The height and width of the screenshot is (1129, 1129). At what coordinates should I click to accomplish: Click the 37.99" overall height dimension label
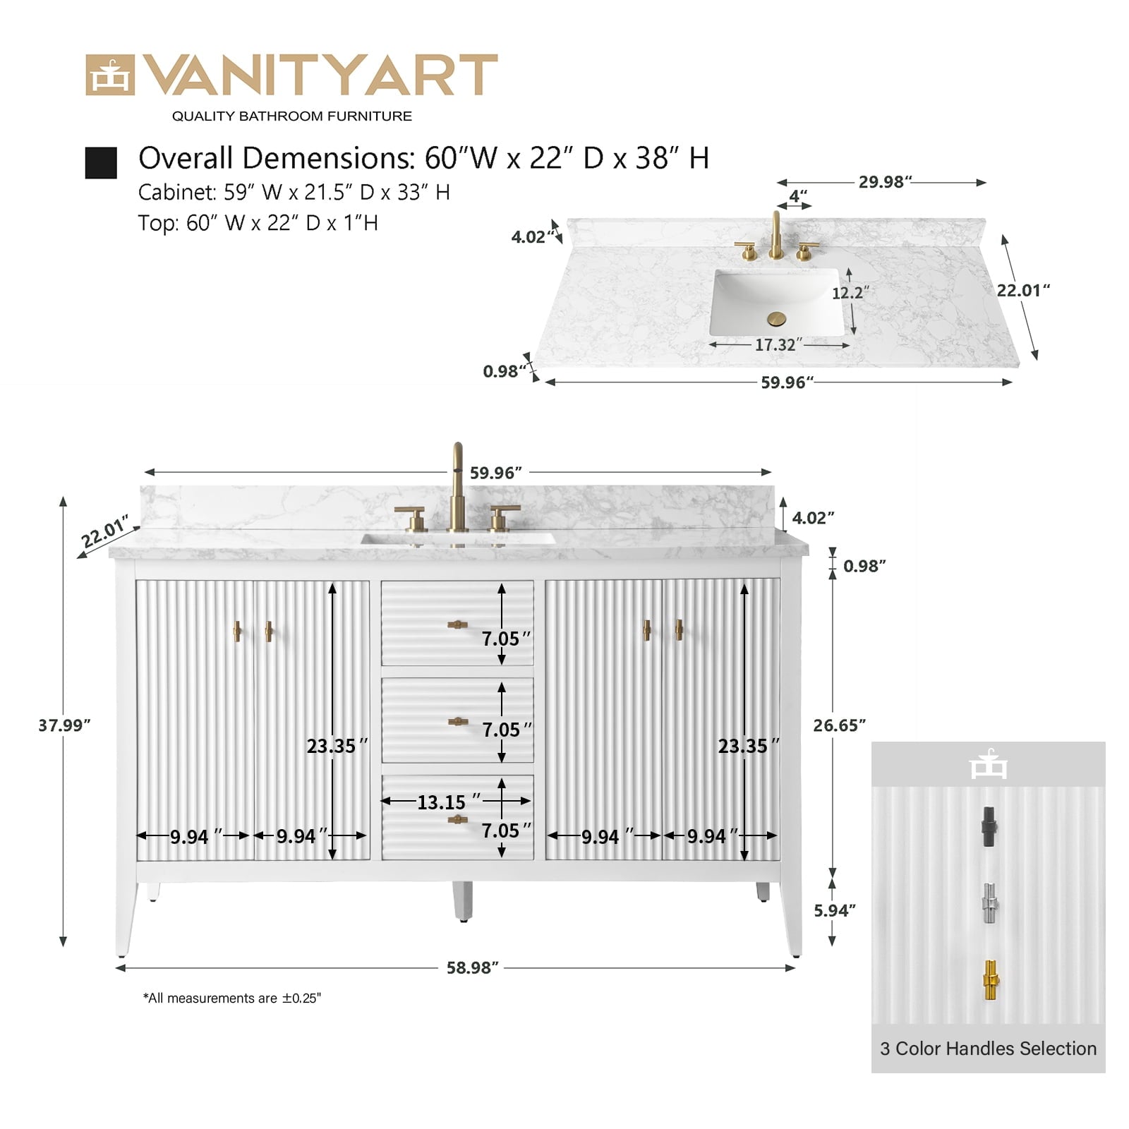(65, 725)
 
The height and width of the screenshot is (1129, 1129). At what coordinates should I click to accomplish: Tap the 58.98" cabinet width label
(472, 967)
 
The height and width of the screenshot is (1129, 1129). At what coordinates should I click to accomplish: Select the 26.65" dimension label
(839, 725)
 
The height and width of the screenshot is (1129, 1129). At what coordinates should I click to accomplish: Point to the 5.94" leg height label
(835, 910)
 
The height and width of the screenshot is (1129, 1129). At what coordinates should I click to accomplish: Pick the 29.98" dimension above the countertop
(885, 182)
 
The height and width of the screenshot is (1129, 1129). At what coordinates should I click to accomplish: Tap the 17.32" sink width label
(778, 345)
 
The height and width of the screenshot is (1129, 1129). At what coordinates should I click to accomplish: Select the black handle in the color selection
(989, 827)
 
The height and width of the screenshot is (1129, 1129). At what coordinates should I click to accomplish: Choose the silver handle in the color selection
(990, 903)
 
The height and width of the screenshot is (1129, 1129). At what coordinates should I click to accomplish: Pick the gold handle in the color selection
(991, 980)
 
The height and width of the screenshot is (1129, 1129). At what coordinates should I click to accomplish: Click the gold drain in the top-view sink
(776, 319)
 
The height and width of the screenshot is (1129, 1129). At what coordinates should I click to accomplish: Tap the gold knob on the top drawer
(457, 624)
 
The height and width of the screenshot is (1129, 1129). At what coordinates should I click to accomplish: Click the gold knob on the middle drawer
(458, 721)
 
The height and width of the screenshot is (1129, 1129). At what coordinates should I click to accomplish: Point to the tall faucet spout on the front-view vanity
(457, 486)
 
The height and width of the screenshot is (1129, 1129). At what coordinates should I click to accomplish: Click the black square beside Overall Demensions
(101, 163)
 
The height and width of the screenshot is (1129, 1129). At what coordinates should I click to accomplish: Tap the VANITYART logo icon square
(109, 75)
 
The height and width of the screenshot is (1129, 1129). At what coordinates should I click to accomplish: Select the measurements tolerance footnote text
(232, 998)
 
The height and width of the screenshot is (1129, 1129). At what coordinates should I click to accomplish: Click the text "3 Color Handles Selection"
(988, 1049)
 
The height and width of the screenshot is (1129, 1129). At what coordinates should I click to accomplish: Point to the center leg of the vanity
(462, 901)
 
